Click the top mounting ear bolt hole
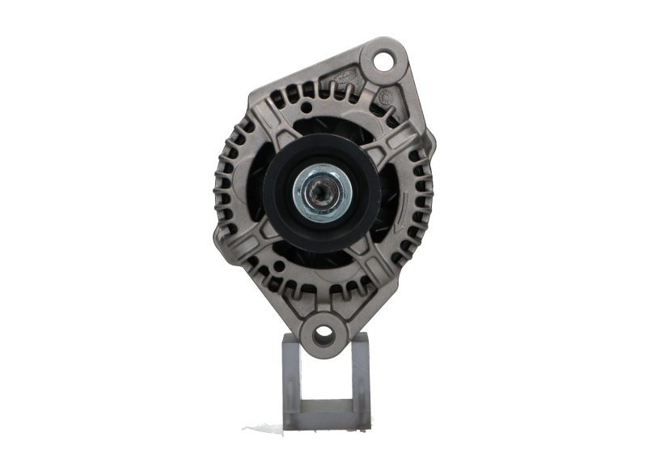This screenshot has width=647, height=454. click(x=382, y=60)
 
